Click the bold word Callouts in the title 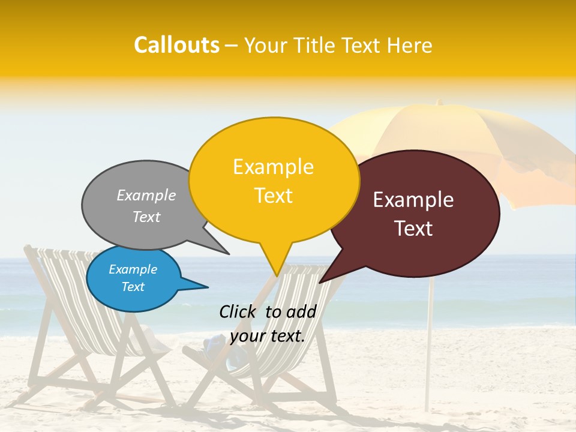pyautogui.click(x=176, y=45)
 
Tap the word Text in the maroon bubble pyautogui.click(x=414, y=229)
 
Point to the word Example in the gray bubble pyautogui.click(x=146, y=195)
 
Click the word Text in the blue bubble pyautogui.click(x=133, y=287)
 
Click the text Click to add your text pyautogui.click(x=267, y=323)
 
